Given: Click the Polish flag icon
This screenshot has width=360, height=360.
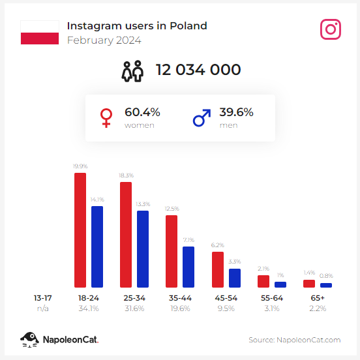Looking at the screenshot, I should [x=39, y=32].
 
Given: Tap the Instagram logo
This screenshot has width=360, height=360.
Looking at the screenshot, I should [x=331, y=29].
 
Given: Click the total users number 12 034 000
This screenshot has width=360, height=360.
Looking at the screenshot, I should [x=198, y=70].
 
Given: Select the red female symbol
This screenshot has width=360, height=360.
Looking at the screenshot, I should [x=106, y=118].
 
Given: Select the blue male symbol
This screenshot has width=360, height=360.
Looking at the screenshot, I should [x=202, y=118].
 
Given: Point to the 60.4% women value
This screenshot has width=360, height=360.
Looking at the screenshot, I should [x=142, y=112].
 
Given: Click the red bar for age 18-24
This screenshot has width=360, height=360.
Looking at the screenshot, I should [x=80, y=230].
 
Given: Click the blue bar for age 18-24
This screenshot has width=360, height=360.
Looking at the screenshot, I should [x=97, y=247].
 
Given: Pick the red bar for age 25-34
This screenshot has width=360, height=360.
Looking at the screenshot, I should [x=126, y=234].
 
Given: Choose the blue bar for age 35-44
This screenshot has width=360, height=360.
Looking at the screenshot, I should [x=188, y=267].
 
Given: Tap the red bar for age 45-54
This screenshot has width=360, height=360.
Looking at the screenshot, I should [x=218, y=269].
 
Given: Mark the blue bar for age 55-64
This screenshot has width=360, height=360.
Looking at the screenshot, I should [x=280, y=284].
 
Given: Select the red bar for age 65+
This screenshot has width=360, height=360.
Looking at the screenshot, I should [x=309, y=284].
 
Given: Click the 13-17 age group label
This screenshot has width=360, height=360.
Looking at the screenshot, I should [x=43, y=298].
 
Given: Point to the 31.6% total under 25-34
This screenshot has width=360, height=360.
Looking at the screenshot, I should [x=134, y=308].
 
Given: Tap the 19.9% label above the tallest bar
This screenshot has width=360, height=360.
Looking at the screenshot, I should [x=80, y=167].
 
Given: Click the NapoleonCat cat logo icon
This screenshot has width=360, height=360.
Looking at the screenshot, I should [x=29, y=339].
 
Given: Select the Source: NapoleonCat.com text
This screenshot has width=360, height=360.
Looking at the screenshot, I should [x=295, y=340].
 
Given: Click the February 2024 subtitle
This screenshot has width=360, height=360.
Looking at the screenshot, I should [x=104, y=40].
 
